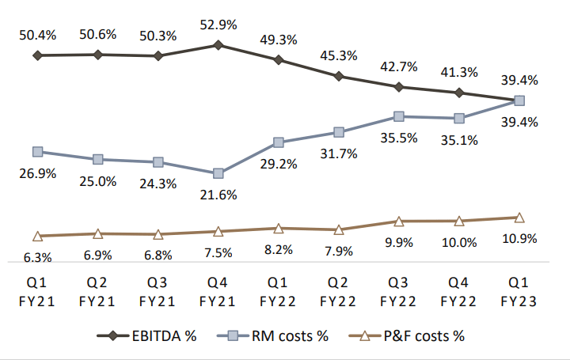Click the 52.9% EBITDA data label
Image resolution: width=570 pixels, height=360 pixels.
[218, 25]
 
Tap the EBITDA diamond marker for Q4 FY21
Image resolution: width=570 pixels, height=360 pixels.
[218, 45]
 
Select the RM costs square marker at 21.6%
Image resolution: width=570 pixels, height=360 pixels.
[218, 173]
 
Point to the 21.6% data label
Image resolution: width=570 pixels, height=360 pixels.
[218, 195]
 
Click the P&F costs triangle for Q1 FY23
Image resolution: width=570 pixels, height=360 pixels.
[519, 218]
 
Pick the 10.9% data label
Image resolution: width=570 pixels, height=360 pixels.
[519, 238]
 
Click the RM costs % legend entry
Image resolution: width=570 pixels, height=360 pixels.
[281, 335]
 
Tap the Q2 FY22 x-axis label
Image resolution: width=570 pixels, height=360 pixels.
[339, 292]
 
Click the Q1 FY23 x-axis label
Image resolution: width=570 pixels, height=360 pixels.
[519, 292]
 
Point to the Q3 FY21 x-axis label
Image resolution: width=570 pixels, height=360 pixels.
[158, 292]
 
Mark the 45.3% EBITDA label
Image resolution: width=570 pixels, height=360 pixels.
[339, 55]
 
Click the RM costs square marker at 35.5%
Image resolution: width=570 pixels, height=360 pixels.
[399, 116]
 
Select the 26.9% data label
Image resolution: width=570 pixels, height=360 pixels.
[37, 173]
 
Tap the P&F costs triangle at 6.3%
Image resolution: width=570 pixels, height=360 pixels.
[37, 236]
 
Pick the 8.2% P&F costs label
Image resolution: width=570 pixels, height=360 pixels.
[279, 249]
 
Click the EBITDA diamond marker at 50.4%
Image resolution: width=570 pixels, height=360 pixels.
[37, 55]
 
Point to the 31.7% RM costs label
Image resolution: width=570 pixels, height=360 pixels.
[339, 154]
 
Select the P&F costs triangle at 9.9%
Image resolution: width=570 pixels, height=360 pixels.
[399, 222]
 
